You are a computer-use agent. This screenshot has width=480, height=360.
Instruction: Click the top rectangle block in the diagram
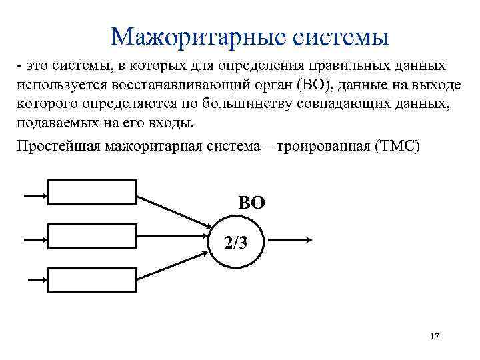[92, 194]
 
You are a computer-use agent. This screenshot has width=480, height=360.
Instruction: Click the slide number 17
[435, 336]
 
